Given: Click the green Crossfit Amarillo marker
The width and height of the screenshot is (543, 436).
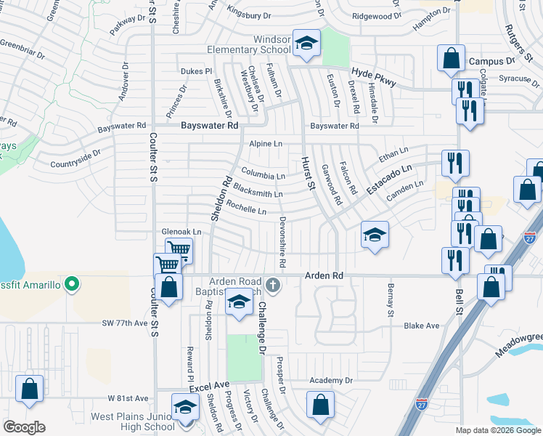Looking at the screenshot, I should (71, 283).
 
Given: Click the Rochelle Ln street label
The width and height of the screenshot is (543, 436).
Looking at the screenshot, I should (246, 209).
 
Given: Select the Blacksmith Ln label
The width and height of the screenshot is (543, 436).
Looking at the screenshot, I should (257, 192).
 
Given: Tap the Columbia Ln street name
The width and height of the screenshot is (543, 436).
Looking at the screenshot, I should (263, 175).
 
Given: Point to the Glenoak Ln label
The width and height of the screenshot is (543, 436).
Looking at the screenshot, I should (181, 232).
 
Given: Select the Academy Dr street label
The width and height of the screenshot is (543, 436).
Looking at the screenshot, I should (330, 380).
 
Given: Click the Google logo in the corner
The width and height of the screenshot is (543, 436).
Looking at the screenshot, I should (23, 427).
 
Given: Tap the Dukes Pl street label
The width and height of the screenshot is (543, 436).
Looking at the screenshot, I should (195, 71).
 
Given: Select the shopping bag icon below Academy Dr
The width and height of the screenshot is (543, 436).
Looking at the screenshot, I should (320, 405).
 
